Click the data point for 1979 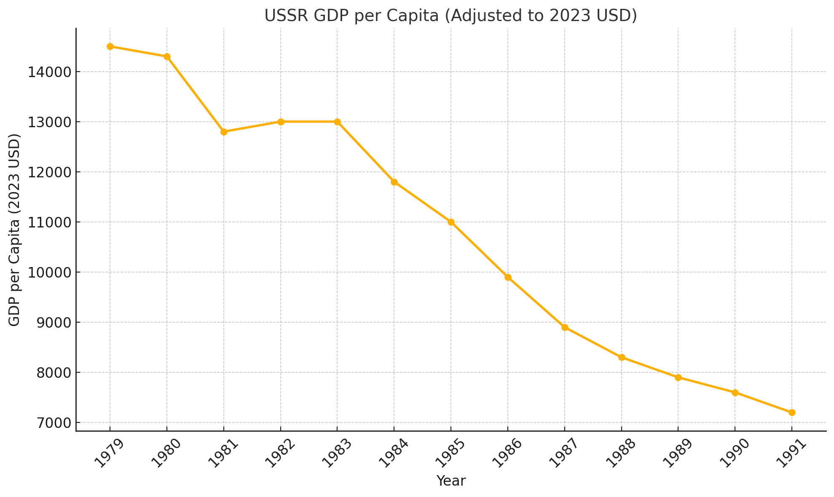(110, 46)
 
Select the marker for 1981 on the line (224, 132)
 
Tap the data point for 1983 (337, 122)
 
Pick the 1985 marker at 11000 (451, 222)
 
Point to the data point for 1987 (565, 327)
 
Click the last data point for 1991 (792, 412)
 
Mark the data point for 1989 (678, 377)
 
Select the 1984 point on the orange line (394, 182)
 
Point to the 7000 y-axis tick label (49, 423)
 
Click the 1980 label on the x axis (165, 453)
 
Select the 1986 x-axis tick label (506, 453)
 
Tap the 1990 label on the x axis (734, 453)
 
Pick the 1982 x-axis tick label (279, 453)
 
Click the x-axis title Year (451, 481)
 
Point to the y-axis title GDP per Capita (15, 230)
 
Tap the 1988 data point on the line (621, 357)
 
